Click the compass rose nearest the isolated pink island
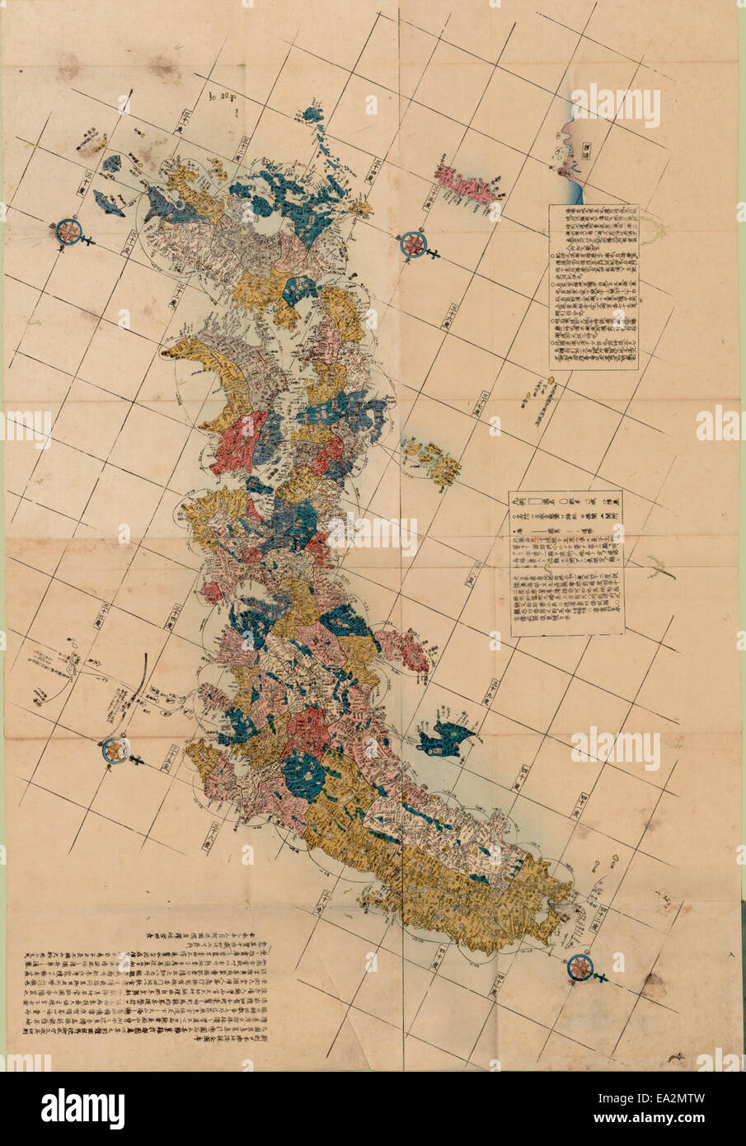(411, 243)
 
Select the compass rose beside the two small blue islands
(67, 232)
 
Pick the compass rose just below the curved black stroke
(113, 749)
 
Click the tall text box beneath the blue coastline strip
(594, 287)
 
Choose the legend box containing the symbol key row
(565, 564)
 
